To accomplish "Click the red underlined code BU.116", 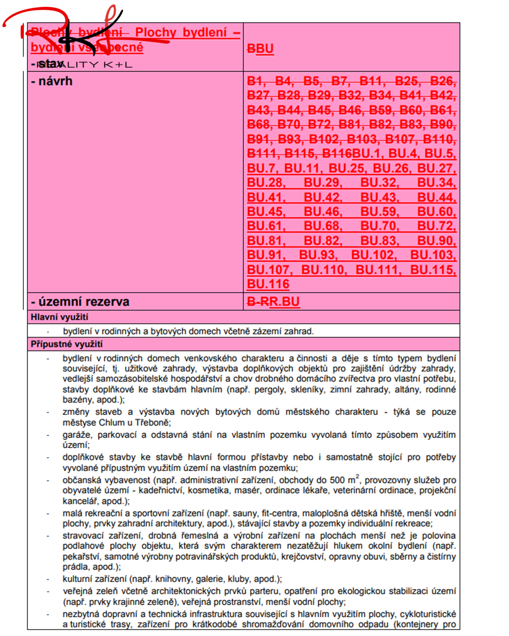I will [x=268, y=284].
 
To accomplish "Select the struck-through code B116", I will [x=337, y=154].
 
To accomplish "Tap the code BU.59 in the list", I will [x=380, y=212].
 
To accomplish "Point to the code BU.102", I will [x=373, y=255].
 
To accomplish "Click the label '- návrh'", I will [x=52, y=81].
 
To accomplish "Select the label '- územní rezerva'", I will [x=80, y=302].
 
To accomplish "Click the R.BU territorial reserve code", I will [x=284, y=302].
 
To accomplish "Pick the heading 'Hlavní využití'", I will [x=59, y=317].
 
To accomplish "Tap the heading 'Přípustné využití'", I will [x=67, y=344].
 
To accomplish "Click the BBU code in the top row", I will [x=260, y=48].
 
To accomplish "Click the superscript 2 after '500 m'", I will [x=357, y=477].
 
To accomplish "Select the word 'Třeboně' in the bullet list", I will [x=155, y=422].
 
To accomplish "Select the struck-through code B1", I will [x=255, y=81].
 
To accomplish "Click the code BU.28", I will [x=266, y=183].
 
